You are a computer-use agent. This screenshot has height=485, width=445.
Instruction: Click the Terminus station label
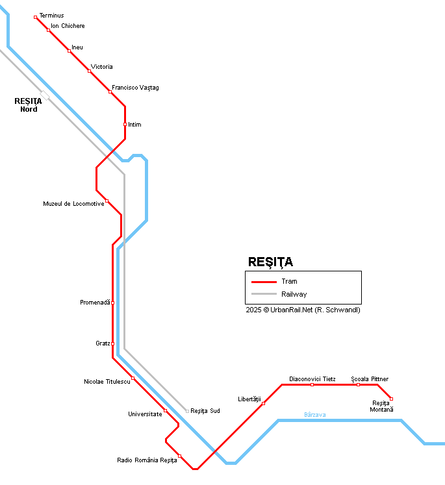(x=51, y=15)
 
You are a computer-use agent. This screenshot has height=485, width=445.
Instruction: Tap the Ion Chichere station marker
(x=48, y=30)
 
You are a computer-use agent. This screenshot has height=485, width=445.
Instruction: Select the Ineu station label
(x=77, y=47)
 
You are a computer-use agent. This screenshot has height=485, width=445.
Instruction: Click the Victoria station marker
(x=89, y=71)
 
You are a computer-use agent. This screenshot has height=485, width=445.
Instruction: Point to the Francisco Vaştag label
(x=135, y=88)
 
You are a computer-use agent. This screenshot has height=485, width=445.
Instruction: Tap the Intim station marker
(x=125, y=124)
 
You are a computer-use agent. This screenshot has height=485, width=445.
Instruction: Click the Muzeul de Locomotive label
(x=73, y=204)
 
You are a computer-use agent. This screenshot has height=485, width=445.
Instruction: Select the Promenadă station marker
(x=112, y=303)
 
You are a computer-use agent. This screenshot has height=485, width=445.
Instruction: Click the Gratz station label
(x=103, y=343)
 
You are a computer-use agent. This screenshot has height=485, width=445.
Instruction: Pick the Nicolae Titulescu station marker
(x=133, y=378)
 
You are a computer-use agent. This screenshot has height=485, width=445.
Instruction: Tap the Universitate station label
(x=145, y=414)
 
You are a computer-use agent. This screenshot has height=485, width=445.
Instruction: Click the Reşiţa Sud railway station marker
(x=187, y=411)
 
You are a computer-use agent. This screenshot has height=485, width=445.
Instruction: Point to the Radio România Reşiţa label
(x=147, y=460)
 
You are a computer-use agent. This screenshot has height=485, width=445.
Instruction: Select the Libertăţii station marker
(x=263, y=404)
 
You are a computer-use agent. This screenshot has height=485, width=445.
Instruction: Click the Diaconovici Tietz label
(x=312, y=379)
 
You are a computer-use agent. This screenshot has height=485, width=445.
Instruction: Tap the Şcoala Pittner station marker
(x=358, y=385)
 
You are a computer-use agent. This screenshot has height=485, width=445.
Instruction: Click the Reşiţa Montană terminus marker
(x=391, y=399)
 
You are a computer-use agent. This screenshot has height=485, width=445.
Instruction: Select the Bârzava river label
(x=315, y=414)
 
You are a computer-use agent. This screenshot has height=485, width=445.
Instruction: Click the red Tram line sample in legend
(x=264, y=282)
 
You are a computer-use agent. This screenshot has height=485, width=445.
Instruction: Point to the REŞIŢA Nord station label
(x=28, y=105)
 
